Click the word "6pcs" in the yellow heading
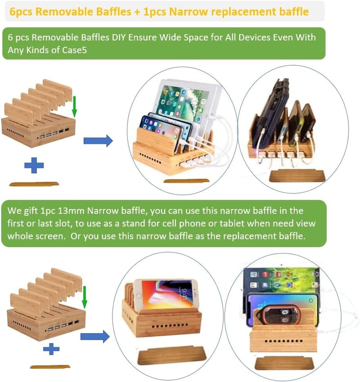[21, 12]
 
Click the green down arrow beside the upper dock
[75, 107]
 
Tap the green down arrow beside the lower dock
[85, 297]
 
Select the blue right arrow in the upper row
[98, 141]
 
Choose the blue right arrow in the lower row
[95, 337]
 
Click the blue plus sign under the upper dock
[34, 165]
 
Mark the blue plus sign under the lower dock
[51, 349]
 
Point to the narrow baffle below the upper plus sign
[34, 184]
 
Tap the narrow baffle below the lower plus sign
[50, 367]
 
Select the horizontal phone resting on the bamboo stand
[166, 295]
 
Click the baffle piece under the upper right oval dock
[297, 176]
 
